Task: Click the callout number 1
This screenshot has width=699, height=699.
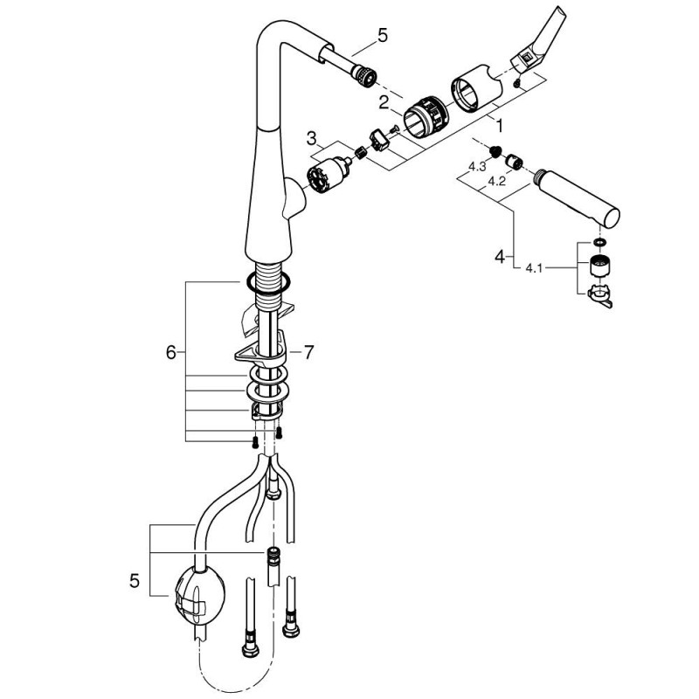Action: point(499,126)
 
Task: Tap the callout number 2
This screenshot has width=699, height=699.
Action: point(384,103)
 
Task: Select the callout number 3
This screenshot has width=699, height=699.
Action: point(312,138)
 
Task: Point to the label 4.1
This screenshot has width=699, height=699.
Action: point(534,268)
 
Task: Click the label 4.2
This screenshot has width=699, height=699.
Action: point(496,182)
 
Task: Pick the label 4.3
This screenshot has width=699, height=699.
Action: point(476,167)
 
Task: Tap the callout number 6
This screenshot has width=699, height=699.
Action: point(171,353)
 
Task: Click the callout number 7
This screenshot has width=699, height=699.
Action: point(308,352)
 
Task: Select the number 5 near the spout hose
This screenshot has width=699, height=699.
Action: point(383,35)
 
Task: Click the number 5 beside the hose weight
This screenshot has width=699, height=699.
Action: point(135,580)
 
